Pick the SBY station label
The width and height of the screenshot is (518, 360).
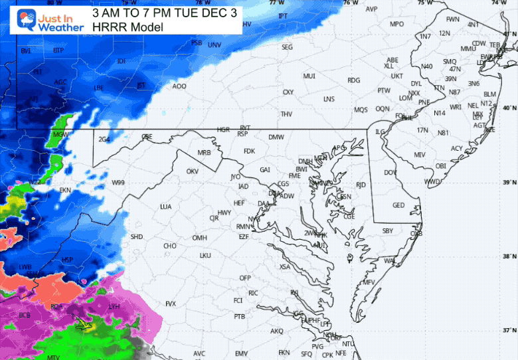tap(388, 231)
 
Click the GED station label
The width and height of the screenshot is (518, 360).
tap(398, 205)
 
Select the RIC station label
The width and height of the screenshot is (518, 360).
tap(253, 293)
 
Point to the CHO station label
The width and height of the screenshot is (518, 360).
tap(169, 246)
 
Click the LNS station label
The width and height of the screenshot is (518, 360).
tap(329, 99)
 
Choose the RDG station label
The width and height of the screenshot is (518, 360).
tap(353, 80)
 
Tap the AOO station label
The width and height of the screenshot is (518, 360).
tap(179, 86)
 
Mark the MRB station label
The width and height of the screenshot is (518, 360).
tap(204, 153)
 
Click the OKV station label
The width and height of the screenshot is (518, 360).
tap(193, 171)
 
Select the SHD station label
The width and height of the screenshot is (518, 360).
tap(136, 236)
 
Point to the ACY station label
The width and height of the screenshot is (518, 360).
tap(457, 148)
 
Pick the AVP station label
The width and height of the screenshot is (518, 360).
tap(371, 9)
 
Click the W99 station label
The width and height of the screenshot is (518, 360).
tap(118, 183)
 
